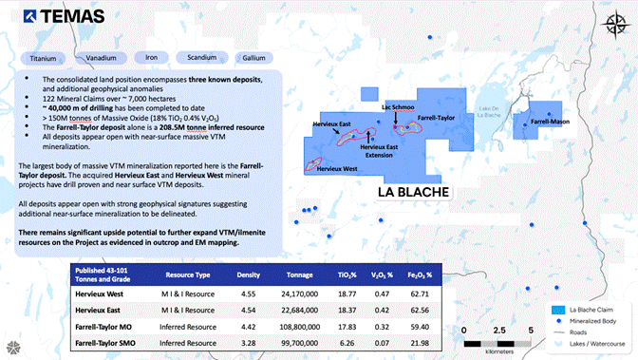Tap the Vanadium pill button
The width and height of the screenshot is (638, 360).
click(102, 56)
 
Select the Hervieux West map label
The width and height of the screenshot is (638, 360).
click(338, 168)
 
